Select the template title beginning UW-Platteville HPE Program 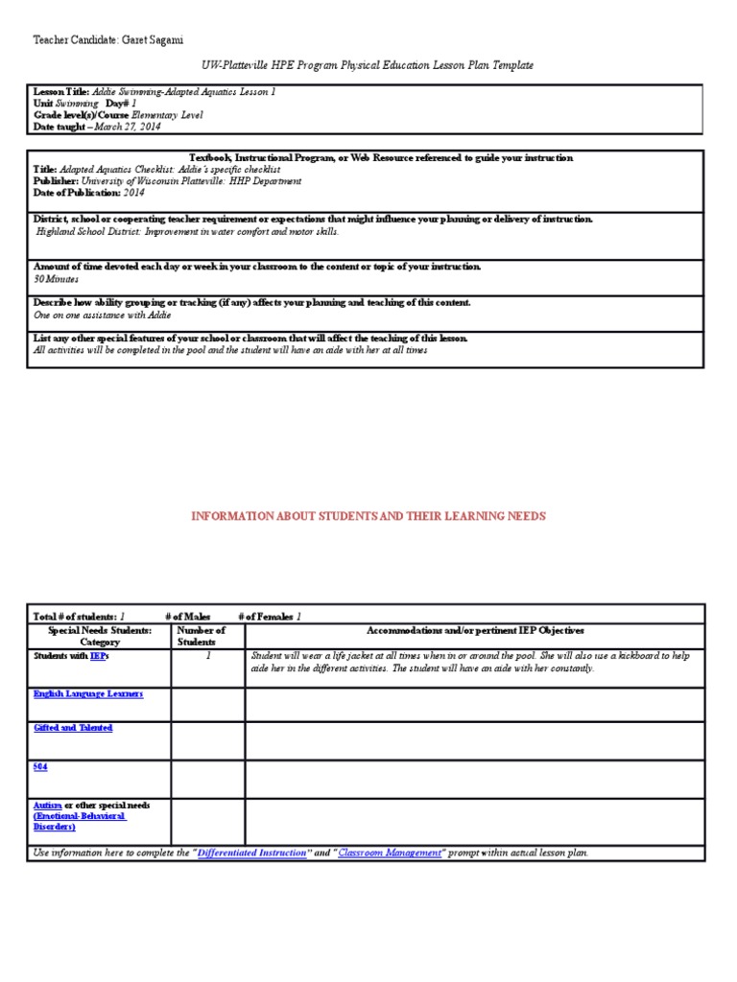click(x=368, y=64)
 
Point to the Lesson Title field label click(x=61, y=91)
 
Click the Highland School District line click(x=187, y=231)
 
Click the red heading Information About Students click(x=368, y=516)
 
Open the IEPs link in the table click(x=101, y=657)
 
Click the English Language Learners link click(x=88, y=693)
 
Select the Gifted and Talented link click(x=73, y=728)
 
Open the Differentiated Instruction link click(x=253, y=853)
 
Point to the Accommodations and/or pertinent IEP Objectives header click(x=475, y=630)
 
